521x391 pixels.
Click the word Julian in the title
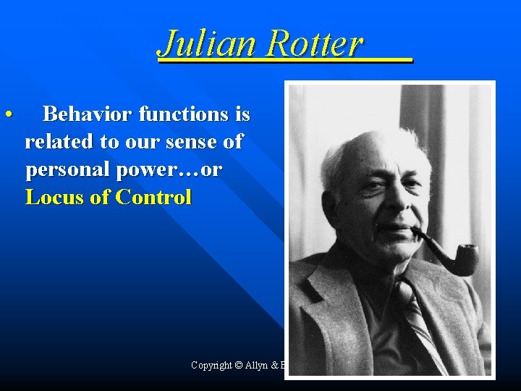(x=208, y=43)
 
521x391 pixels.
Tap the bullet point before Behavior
(x=7, y=114)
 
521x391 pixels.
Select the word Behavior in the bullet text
(x=88, y=114)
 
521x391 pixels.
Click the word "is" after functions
(x=242, y=114)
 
